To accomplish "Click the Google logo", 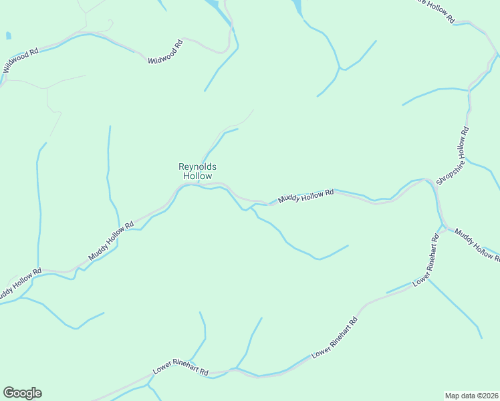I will (22, 393).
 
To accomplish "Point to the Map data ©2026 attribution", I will (472, 396).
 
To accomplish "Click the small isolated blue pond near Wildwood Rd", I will (8, 35).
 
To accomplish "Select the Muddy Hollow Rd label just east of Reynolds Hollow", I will (305, 196).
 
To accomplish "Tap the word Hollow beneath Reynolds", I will (198, 176).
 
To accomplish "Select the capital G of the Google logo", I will (9, 393).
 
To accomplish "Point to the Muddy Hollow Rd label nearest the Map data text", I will (477, 244).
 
